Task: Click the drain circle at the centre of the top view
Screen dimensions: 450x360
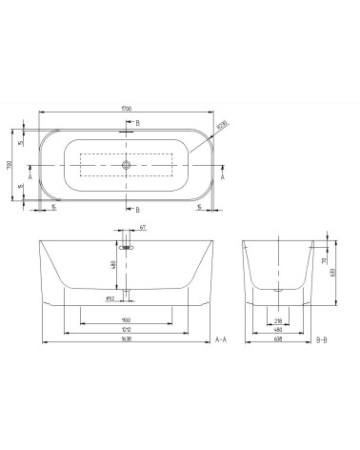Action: click(x=126, y=164)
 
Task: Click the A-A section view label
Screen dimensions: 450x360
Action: click(x=221, y=339)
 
